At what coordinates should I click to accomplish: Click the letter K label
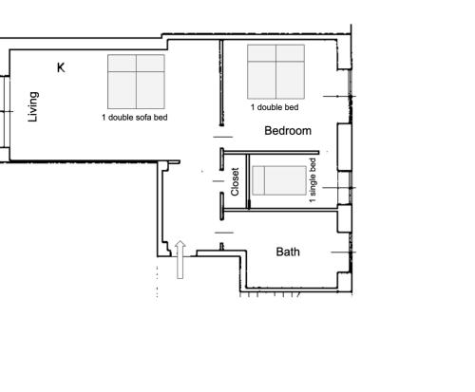[x=61, y=67]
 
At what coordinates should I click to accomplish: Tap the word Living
[x=34, y=106]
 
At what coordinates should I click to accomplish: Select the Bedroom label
[x=288, y=131]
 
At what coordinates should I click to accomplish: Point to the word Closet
[x=236, y=181]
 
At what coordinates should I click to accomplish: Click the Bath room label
[x=288, y=252]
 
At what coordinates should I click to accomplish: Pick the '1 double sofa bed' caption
[x=135, y=118]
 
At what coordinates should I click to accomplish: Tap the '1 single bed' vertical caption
[x=313, y=182]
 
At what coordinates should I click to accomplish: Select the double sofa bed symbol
[x=136, y=81]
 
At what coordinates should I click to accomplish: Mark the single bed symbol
[x=278, y=179]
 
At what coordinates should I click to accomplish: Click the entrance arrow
[x=180, y=259]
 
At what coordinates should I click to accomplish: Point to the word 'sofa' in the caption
[x=147, y=118]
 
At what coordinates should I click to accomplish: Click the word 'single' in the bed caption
[x=313, y=180]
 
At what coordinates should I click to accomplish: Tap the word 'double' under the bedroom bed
[x=270, y=107]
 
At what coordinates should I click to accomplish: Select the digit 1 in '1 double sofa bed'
[x=104, y=118]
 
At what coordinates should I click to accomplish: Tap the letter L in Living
[x=34, y=120]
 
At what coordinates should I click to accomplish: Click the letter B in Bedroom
[x=269, y=131]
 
